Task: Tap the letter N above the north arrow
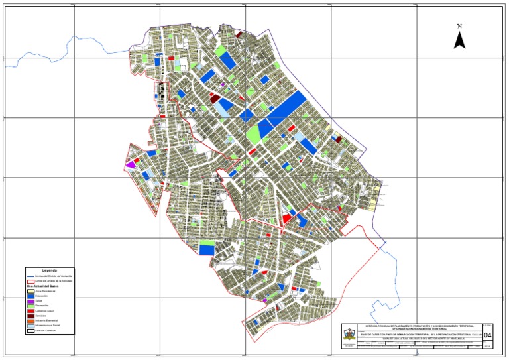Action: tap(459, 26)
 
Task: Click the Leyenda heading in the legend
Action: tap(50, 270)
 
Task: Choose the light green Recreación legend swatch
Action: tap(30, 305)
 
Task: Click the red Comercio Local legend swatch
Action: tap(30, 310)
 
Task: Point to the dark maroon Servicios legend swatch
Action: tap(30, 315)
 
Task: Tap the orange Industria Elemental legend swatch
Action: tap(30, 320)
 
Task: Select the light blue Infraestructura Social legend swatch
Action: tap(30, 325)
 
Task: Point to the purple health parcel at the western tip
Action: tap(131, 163)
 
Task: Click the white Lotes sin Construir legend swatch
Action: tap(30, 330)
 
